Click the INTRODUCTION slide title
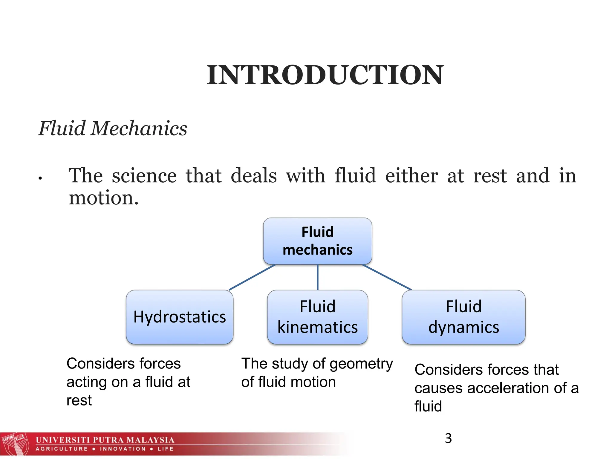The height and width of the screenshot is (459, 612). tap(325, 75)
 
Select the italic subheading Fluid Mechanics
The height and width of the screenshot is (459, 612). tap(113, 128)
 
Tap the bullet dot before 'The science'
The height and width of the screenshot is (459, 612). tap(40, 179)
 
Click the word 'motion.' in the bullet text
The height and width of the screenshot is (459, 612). tap(104, 198)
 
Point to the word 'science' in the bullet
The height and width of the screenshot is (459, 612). tap(144, 176)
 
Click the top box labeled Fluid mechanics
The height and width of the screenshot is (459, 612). tap(317, 241)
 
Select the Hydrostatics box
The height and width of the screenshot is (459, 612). tap(180, 317)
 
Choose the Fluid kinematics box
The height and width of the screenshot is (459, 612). tap(317, 317)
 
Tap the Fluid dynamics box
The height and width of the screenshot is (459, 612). tap(463, 317)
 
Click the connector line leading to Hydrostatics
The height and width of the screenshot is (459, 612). tap(252, 277)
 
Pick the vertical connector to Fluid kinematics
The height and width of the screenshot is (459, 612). tap(317, 277)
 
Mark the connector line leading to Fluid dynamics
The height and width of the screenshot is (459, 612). tap(387, 277)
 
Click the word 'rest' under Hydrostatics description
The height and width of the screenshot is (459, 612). tap(79, 400)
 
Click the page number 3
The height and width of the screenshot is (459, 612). tap(448, 438)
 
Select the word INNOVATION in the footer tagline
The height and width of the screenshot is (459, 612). tap(123, 449)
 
